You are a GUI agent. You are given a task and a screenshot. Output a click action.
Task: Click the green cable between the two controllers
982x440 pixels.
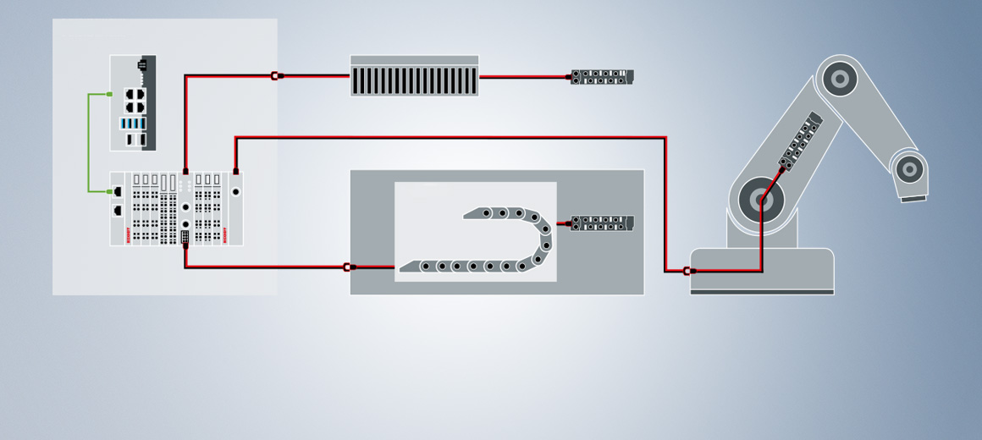click(x=89, y=144)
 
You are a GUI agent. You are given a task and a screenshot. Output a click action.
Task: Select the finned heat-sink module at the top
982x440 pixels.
click(x=414, y=77)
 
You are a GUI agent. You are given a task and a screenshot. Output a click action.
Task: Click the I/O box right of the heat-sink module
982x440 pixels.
click(x=602, y=77)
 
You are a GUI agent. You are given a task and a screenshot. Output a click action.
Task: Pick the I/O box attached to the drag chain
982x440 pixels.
click(x=602, y=223)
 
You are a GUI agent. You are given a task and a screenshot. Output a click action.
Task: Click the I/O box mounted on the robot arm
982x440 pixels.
click(x=800, y=140)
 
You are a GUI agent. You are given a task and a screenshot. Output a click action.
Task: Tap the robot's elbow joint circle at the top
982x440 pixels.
click(x=840, y=79)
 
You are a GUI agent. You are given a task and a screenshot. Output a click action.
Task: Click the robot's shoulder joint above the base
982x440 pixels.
click(x=761, y=201)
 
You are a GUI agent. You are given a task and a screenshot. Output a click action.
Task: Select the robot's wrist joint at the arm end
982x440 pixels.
click(x=909, y=168)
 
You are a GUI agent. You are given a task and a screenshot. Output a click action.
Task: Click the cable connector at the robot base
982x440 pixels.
click(x=687, y=272)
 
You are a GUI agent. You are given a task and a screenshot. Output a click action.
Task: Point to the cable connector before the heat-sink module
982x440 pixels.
click(x=275, y=76)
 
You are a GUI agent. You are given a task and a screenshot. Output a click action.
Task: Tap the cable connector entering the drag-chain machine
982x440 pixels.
click(x=347, y=267)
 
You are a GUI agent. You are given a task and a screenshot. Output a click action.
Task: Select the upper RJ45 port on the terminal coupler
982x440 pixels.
click(x=118, y=191)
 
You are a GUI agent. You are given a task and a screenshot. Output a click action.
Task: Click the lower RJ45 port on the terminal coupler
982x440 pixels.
click(x=118, y=210)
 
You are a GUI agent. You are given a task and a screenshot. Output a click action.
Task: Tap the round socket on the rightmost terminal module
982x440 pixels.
click(x=235, y=192)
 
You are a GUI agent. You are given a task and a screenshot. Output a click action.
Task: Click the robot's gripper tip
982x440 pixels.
click(x=913, y=199)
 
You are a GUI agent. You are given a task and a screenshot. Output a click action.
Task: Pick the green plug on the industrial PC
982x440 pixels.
click(x=109, y=94)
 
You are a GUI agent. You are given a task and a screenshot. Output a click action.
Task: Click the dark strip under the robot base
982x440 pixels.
click(x=762, y=292)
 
